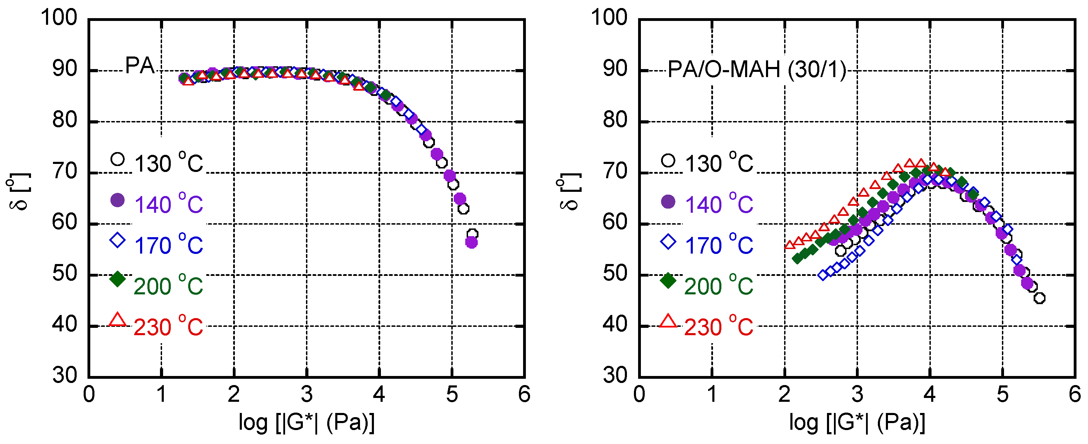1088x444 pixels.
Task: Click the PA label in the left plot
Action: tap(140, 66)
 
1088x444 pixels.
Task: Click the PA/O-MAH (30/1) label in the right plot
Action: tap(757, 69)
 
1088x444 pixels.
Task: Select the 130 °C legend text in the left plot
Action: tap(169, 164)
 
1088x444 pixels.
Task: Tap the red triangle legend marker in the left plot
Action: tap(117, 320)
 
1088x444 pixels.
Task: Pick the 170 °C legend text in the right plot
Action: tap(719, 245)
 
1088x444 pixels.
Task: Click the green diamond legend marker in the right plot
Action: tap(668, 280)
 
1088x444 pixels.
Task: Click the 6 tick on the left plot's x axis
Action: tap(524, 394)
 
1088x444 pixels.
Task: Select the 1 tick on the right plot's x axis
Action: tap(712, 394)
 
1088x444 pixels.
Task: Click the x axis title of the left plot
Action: tap(307, 422)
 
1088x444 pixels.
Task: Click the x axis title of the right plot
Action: tap(857, 422)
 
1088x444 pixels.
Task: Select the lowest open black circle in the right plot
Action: tap(1040, 298)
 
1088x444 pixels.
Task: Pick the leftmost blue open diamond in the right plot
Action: tap(823, 275)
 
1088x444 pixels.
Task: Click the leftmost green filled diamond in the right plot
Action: tap(797, 258)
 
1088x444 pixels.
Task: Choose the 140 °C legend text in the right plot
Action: tap(719, 205)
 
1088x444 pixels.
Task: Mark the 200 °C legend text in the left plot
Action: tap(169, 286)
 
